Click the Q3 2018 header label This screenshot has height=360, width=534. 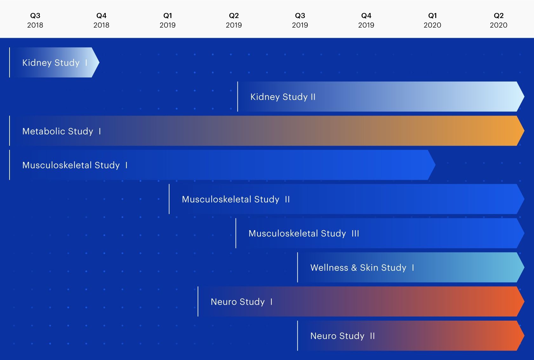35,20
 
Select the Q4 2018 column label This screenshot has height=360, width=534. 101,20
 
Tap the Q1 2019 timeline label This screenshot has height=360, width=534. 168,20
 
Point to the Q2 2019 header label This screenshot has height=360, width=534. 234,20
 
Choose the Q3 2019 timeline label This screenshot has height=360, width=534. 300,20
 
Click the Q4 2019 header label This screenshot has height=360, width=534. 366,20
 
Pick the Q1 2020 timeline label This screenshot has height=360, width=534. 432,20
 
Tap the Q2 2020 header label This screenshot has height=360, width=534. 498,20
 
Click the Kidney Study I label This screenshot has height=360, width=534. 55,63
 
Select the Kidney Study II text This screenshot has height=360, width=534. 283,97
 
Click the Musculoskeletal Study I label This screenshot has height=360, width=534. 75,165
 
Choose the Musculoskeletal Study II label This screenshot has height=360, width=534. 236,199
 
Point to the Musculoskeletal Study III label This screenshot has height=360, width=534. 304,233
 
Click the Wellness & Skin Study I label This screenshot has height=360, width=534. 362,268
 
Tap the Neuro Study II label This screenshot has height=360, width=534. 343,336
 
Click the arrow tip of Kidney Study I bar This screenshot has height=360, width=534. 99,63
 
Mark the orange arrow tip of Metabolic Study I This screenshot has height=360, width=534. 524,131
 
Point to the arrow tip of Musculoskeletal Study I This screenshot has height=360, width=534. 435,165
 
